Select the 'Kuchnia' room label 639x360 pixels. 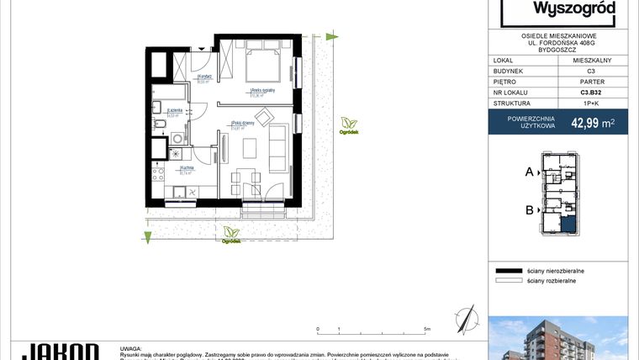point(186,168)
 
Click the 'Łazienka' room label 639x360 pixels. point(175,111)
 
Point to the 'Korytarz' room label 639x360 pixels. point(203,78)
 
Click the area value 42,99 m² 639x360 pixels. point(592,123)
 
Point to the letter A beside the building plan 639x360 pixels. point(530,172)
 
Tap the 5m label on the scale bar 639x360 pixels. point(428,329)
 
